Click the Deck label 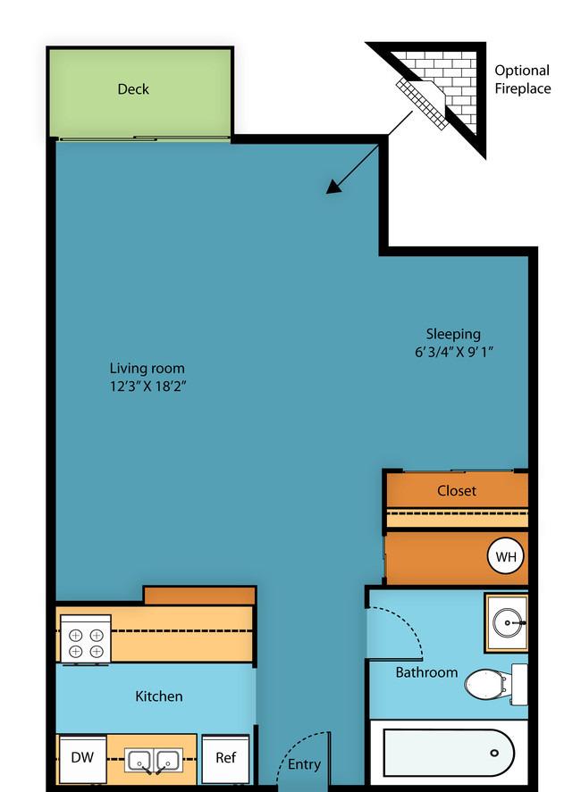click(x=133, y=89)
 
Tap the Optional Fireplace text click(x=522, y=79)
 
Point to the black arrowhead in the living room click(x=334, y=186)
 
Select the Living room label click(x=147, y=368)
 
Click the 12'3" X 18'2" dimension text click(x=148, y=387)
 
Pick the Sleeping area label click(x=453, y=334)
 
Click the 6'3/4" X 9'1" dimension click(x=453, y=352)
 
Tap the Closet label click(x=457, y=490)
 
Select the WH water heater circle click(x=506, y=556)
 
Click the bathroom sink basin click(x=509, y=622)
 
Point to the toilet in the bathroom click(x=495, y=685)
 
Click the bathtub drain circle click(x=494, y=753)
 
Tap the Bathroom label click(x=426, y=672)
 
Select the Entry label click(x=304, y=764)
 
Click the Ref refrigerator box click(x=225, y=758)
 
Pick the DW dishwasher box click(x=82, y=758)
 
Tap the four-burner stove click(x=86, y=639)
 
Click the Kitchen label click(x=159, y=696)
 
